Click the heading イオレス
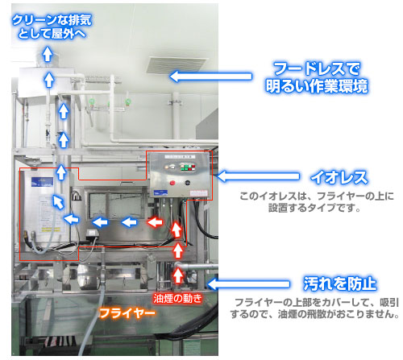click(339, 177)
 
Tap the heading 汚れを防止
click(340, 283)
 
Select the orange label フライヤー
click(127, 313)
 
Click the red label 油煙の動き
click(177, 298)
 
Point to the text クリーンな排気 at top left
click(52, 20)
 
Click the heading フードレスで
click(317, 68)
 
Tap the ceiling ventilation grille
click(176, 65)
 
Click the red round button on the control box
click(172, 183)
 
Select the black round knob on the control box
click(188, 183)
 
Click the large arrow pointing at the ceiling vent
click(211, 77)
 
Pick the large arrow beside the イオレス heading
click(258, 176)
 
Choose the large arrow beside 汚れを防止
click(248, 283)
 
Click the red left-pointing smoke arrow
click(156, 222)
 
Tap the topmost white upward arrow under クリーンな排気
click(48, 54)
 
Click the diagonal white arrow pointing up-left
click(58, 202)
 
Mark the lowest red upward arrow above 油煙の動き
click(177, 275)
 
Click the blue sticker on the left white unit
click(42, 182)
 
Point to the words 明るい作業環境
click(317, 86)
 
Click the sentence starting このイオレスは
click(317, 201)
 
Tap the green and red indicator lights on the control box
click(188, 167)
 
